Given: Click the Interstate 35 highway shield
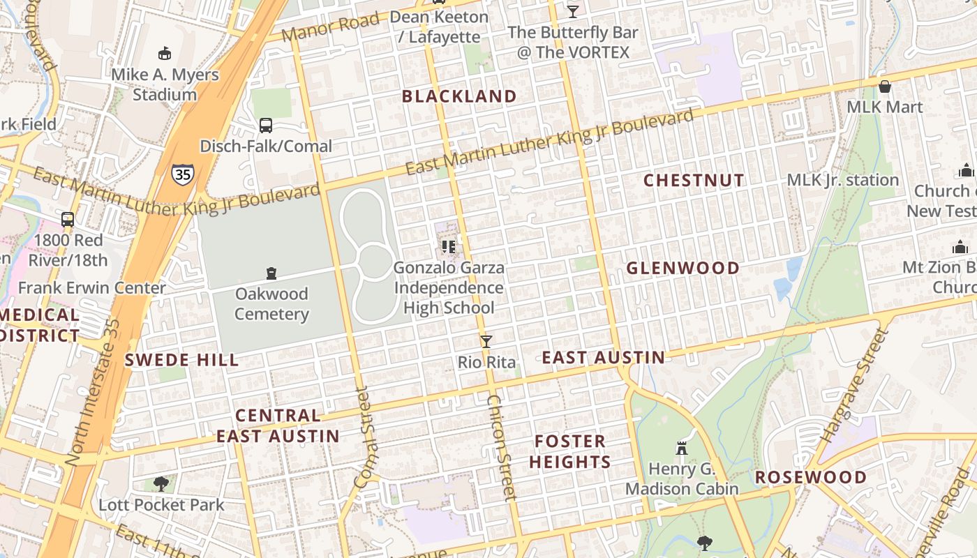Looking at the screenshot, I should coord(183,174).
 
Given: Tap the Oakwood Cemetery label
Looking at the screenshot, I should coord(271,304).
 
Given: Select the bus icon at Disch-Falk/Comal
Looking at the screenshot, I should coord(266,126).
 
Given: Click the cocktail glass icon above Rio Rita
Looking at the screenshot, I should coord(486,341).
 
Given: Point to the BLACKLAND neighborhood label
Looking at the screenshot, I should coord(459,96).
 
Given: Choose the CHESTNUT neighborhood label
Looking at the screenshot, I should coord(694,181).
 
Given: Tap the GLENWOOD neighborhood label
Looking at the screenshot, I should coord(683,269).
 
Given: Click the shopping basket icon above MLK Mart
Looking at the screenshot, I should coord(885,86).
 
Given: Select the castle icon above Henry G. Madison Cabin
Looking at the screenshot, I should coord(682,448).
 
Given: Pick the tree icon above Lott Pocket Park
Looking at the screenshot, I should coord(161,483).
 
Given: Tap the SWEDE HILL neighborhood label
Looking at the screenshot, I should coord(181,361).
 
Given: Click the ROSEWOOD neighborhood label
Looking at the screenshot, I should coord(811,478).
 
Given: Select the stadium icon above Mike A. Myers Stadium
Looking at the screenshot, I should coord(165,53).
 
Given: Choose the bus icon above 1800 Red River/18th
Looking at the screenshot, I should coord(68,219).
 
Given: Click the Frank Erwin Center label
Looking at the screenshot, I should coord(92,288).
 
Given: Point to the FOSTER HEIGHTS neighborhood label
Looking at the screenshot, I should coord(570,451).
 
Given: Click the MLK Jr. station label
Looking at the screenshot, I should coord(842,180).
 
